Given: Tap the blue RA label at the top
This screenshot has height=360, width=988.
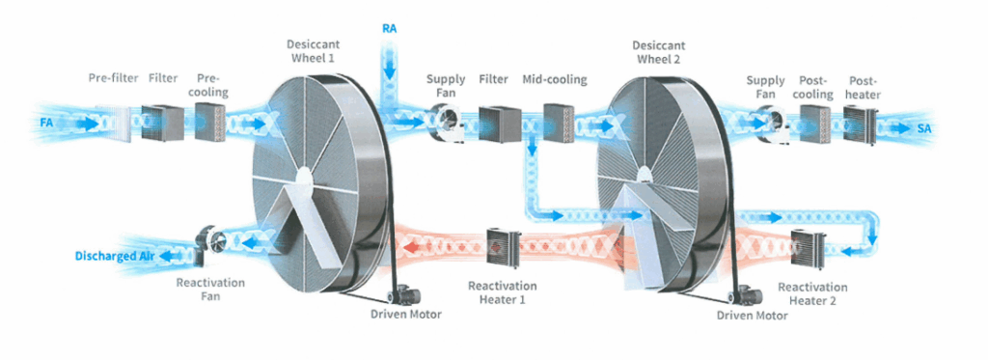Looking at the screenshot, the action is [x=390, y=28].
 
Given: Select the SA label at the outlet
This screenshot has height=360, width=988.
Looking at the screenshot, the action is [x=923, y=128].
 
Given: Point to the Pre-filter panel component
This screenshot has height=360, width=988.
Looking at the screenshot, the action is [x=121, y=124].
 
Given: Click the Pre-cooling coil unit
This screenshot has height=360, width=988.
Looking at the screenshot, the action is [x=209, y=123].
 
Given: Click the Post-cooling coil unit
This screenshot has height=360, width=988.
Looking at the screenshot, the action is [x=815, y=123].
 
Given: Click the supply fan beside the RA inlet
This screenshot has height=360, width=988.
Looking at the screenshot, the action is [x=444, y=123].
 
